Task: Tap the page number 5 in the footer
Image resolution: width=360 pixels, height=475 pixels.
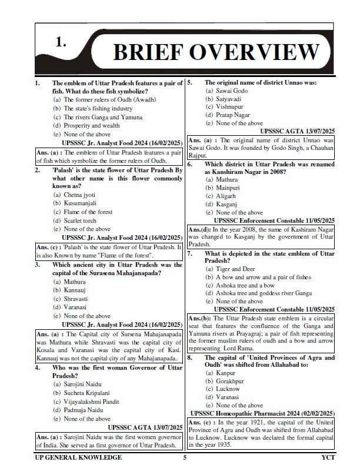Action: (x=185, y=457)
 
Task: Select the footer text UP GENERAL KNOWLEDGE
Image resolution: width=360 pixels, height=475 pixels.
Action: (x=77, y=457)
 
